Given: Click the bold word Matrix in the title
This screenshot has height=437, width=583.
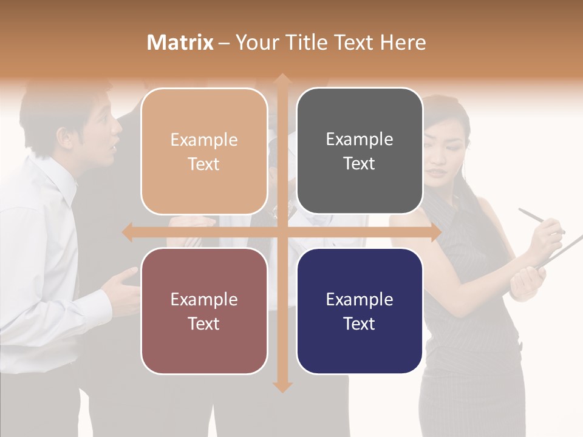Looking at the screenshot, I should [x=180, y=42].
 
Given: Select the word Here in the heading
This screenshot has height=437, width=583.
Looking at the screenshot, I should [x=403, y=42].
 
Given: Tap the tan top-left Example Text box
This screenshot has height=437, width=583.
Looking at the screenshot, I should [x=204, y=151].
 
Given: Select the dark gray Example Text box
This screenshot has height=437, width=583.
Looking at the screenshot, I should [x=360, y=151].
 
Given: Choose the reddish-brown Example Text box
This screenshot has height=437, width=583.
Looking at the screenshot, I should [x=204, y=311].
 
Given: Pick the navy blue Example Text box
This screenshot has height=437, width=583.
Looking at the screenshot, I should [x=360, y=311].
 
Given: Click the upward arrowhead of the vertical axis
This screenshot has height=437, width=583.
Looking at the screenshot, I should [x=282, y=80].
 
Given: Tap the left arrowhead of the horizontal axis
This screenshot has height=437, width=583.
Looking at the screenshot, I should [x=128, y=232].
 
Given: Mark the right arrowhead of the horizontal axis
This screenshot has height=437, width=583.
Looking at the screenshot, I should [x=435, y=232].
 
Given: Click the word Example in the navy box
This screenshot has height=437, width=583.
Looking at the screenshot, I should [x=360, y=299].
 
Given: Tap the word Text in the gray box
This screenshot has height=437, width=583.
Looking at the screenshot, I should [x=360, y=164].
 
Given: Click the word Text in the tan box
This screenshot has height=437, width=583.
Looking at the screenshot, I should [x=204, y=164].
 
